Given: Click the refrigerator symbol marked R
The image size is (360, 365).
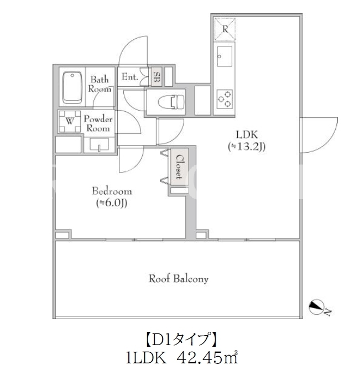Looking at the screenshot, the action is point(225,29).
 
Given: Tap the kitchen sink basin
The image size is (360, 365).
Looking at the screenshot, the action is point(225,56).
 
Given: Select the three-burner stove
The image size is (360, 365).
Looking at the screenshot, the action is point(225,99).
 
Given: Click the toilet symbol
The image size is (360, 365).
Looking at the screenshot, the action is point(171,102).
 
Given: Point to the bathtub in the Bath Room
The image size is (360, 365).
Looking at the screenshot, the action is point(72,87).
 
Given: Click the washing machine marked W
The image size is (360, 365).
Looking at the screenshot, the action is point(70,121).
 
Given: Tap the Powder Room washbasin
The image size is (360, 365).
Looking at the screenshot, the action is point(99,144).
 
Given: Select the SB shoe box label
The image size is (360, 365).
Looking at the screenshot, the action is point(157,76).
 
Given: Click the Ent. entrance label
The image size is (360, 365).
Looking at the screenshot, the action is point(130,76).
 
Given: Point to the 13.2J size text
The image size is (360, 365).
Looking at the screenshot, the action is point(247,147).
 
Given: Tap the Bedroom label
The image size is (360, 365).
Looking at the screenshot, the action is point(112,191).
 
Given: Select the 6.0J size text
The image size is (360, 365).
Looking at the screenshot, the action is point(112,203).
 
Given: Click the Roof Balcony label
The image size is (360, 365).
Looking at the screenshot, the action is point(179,279).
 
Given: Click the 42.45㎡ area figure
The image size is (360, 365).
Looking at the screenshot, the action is point(207,358).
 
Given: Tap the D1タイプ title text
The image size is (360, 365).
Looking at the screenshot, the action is point(181,340).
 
